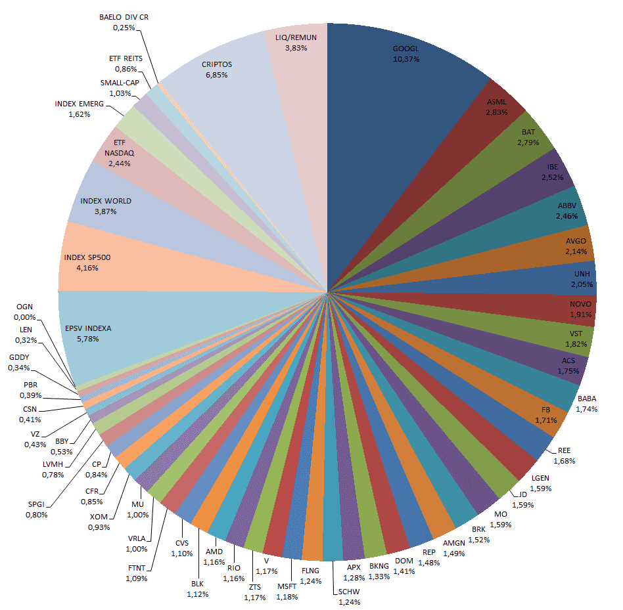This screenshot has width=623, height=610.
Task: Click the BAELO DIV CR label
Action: point(124,17)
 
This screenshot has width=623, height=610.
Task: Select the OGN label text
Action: point(24,307)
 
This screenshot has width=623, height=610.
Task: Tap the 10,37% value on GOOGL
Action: point(405,58)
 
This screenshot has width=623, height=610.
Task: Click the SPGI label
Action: point(35,504)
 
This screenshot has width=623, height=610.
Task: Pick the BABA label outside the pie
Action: point(587,399)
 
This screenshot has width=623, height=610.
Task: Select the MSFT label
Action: point(287,587)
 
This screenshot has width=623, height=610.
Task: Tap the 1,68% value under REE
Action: point(565,460)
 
